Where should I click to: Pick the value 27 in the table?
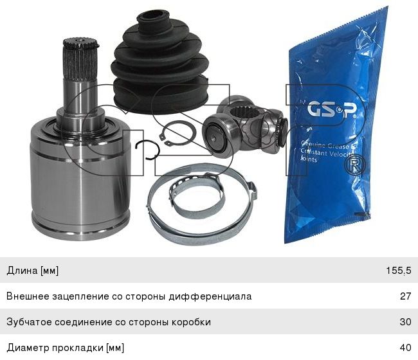coord(404,296)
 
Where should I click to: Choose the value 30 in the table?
coord(404,322)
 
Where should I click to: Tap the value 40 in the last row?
coord(404,348)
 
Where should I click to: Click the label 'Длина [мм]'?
coord(33,271)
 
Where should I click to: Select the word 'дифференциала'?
coord(215,296)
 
